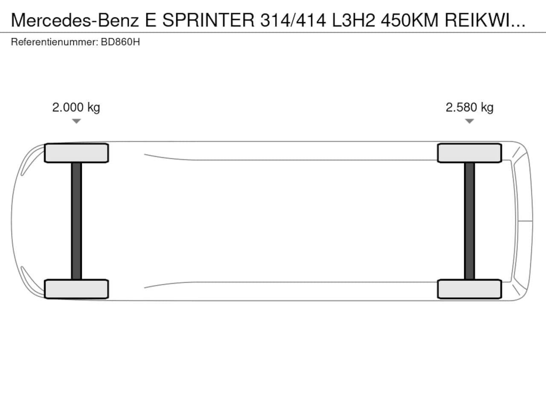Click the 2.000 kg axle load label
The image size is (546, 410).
tap(76, 108)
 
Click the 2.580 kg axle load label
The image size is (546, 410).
tap(469, 108)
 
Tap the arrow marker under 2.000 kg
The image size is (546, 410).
tap(76, 121)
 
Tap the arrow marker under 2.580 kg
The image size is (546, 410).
tap(469, 121)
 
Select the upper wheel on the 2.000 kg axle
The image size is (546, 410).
tap(76, 153)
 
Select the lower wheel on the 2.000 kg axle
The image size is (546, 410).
tap(76, 289)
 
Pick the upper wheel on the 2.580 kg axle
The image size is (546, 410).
tap(469, 153)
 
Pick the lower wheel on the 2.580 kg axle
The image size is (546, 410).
tap(469, 289)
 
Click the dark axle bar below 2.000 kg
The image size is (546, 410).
tap(76, 221)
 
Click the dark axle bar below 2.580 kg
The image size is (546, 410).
tap(469, 221)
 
